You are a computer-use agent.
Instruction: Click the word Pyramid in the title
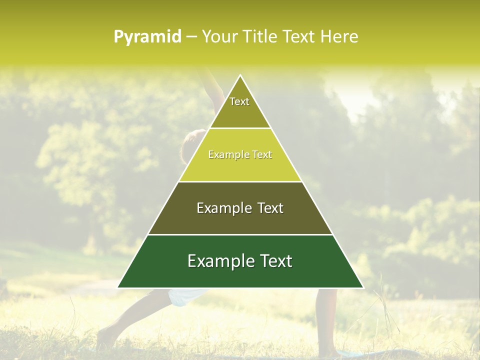(x=147, y=37)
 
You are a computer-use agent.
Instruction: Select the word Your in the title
(x=218, y=37)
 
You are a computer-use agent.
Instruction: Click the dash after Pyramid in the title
(x=191, y=37)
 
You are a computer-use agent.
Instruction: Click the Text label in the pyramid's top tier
(x=239, y=101)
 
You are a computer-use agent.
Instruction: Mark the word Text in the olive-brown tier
(x=270, y=208)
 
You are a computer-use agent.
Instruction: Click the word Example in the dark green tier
(x=219, y=261)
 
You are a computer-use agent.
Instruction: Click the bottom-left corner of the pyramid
(x=118, y=287)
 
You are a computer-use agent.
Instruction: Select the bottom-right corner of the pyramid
(x=363, y=287)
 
